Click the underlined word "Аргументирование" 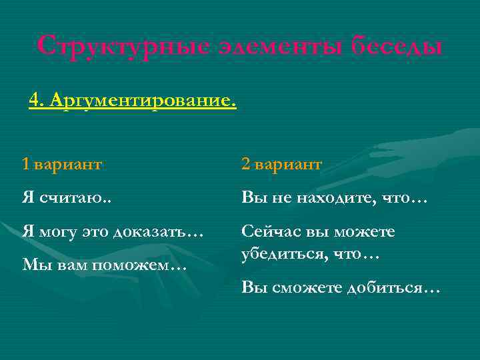[x=143, y=101]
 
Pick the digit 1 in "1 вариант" [x=25, y=164]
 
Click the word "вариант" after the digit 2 [x=289, y=164]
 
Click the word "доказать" [x=158, y=232]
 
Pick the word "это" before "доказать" [x=94, y=232]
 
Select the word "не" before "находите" [x=279, y=197]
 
